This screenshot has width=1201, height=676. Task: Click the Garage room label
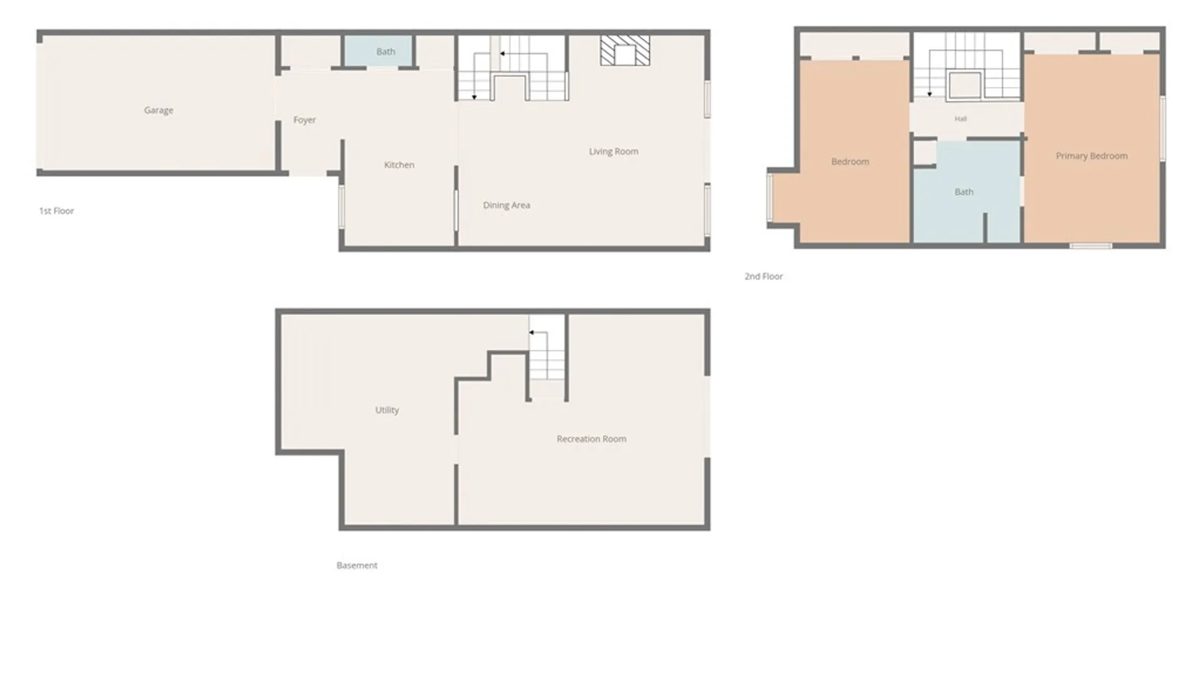click(158, 110)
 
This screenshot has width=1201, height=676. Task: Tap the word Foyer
click(305, 120)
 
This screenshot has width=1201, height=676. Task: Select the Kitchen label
click(399, 165)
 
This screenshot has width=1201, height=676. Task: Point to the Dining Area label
click(506, 205)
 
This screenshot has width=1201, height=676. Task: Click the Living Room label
click(614, 151)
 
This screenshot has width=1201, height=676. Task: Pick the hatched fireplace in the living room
click(625, 51)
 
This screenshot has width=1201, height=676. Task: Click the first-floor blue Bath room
click(378, 51)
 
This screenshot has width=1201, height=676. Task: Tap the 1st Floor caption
click(56, 211)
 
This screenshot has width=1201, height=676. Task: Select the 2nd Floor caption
click(763, 276)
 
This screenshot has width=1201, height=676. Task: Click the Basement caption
click(357, 565)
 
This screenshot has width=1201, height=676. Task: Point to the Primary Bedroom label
click(1092, 156)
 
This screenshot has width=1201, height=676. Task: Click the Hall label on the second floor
click(961, 118)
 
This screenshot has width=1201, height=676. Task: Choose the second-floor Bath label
click(964, 192)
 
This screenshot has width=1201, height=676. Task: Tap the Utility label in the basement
click(387, 410)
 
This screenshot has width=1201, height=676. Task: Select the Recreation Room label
click(591, 439)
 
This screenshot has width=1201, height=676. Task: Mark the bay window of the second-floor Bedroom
click(770, 197)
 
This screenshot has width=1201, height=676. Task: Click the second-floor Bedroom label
click(850, 161)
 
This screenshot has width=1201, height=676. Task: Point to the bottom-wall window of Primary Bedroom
click(1090, 246)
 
